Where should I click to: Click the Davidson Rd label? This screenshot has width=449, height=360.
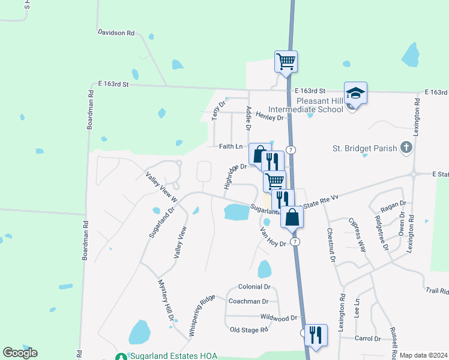tap(116, 33)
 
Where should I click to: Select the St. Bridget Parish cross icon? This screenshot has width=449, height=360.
tap(406, 147)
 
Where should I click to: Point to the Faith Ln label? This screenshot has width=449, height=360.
tap(231, 146)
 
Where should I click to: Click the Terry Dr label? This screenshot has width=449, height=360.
tap(218, 110)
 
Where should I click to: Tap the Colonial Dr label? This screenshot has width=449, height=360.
tap(254, 287)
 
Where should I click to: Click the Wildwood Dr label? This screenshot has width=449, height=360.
tap(279, 317)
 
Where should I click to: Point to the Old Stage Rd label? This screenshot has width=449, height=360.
tap(249, 329)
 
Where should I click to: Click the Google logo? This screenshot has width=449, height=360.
tap(20, 353)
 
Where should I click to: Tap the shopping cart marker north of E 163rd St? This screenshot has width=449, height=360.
tap(286, 61)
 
